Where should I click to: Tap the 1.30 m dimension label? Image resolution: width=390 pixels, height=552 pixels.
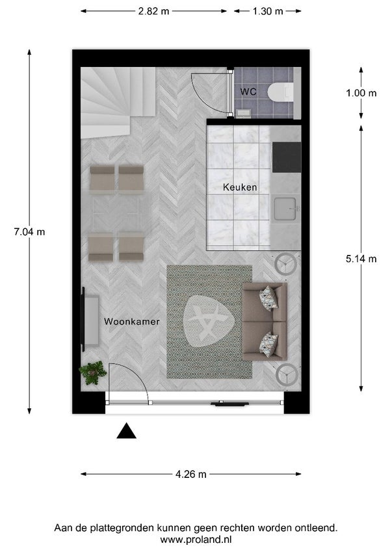(266, 11)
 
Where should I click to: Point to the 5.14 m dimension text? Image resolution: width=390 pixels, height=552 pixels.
(361, 258)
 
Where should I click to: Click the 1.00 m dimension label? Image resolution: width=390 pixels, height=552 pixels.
(361, 92)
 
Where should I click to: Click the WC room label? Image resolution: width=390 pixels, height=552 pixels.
(248, 92)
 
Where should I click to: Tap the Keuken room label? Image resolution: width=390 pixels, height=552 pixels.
(240, 187)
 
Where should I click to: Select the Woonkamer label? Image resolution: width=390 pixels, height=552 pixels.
(131, 321)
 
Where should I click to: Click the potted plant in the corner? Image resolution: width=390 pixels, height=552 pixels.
(92, 372)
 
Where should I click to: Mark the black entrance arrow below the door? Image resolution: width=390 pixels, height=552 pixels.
(126, 431)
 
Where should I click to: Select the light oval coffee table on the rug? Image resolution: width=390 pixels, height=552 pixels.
(208, 321)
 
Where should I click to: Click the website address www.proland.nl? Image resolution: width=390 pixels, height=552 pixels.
(195, 540)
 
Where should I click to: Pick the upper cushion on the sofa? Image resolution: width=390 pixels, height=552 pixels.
(268, 298)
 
